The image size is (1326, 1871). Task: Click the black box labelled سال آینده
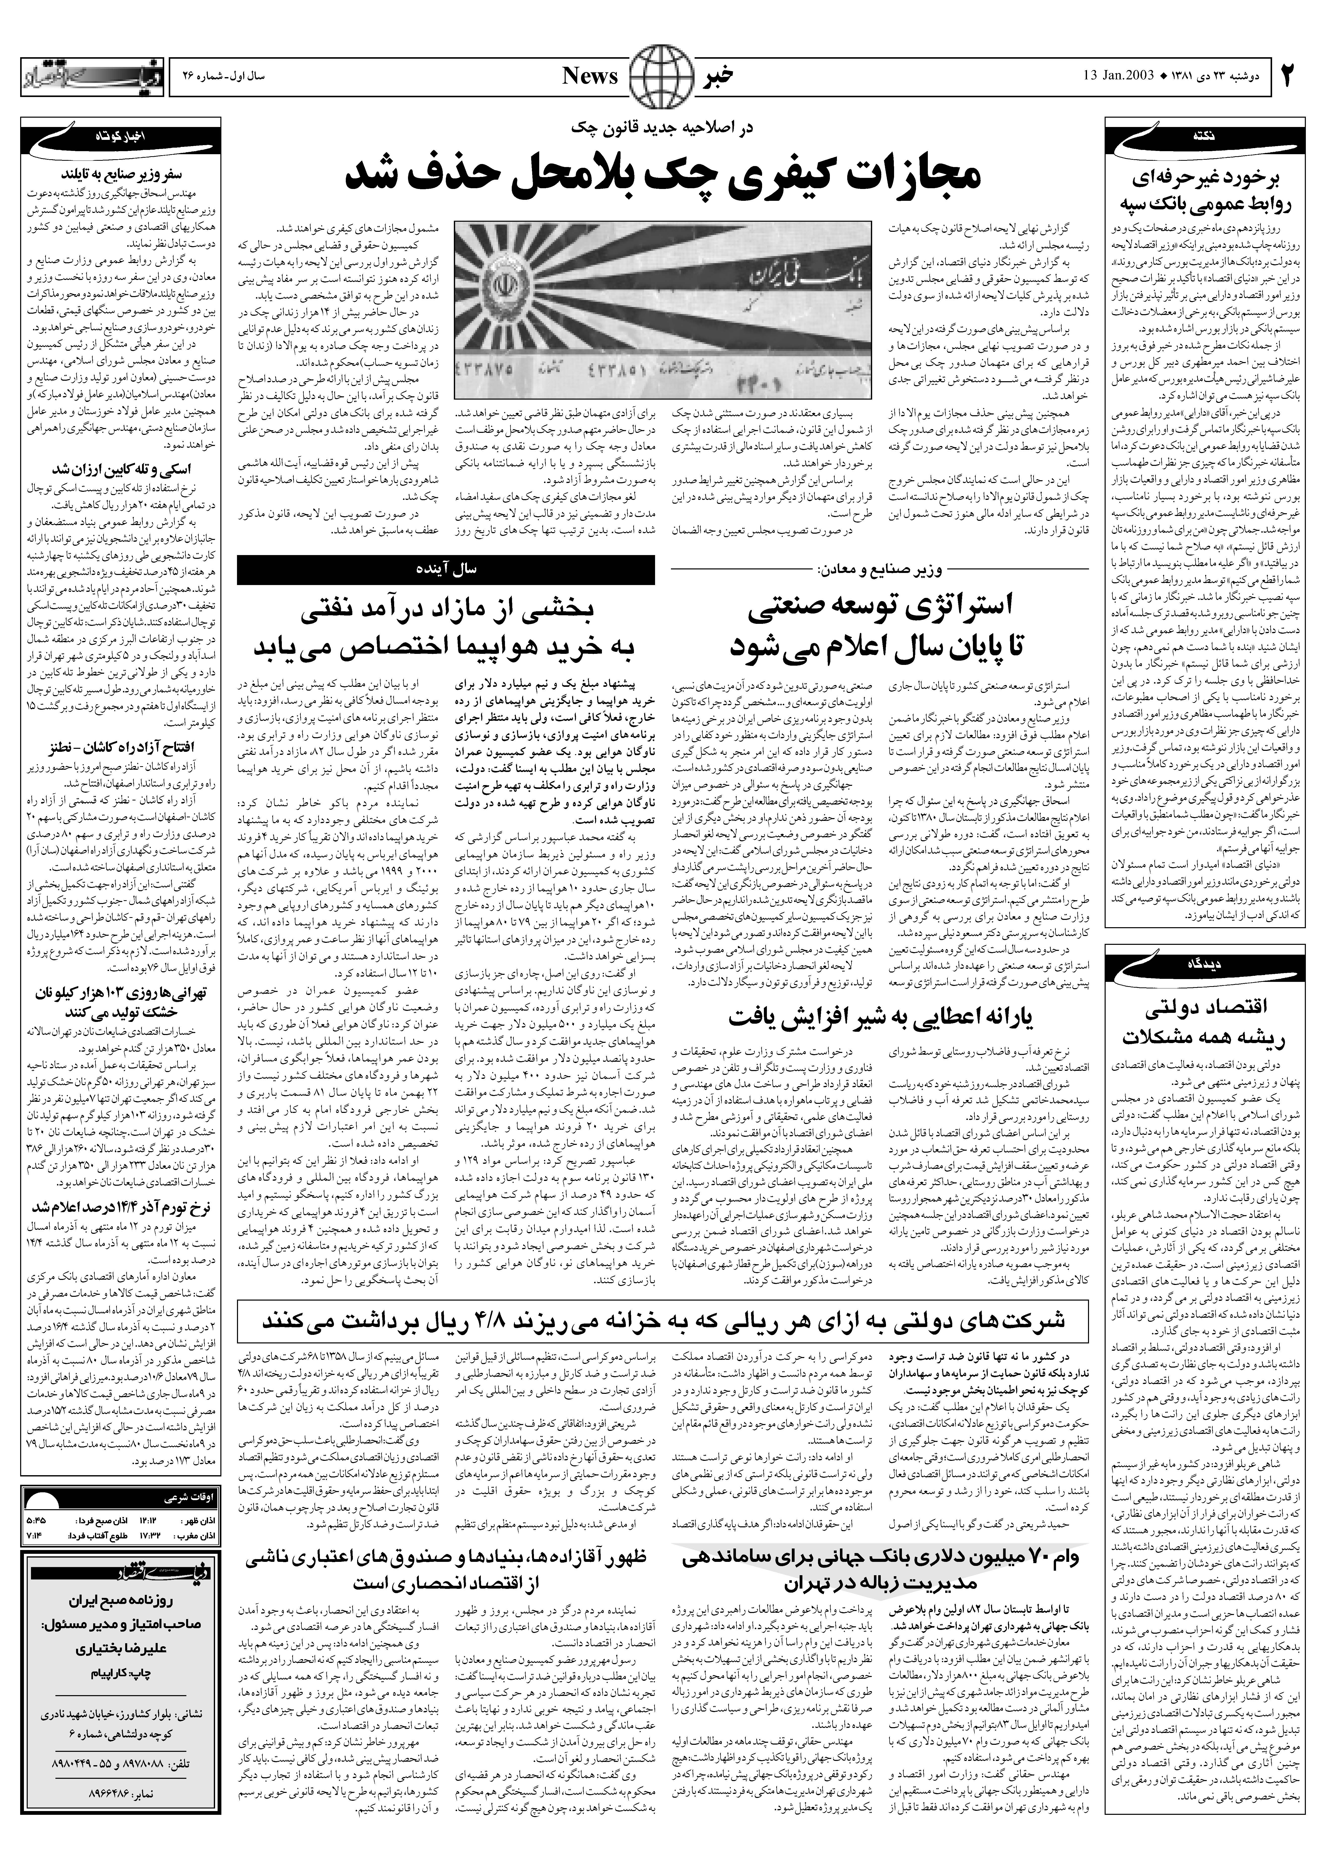(x=446, y=569)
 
